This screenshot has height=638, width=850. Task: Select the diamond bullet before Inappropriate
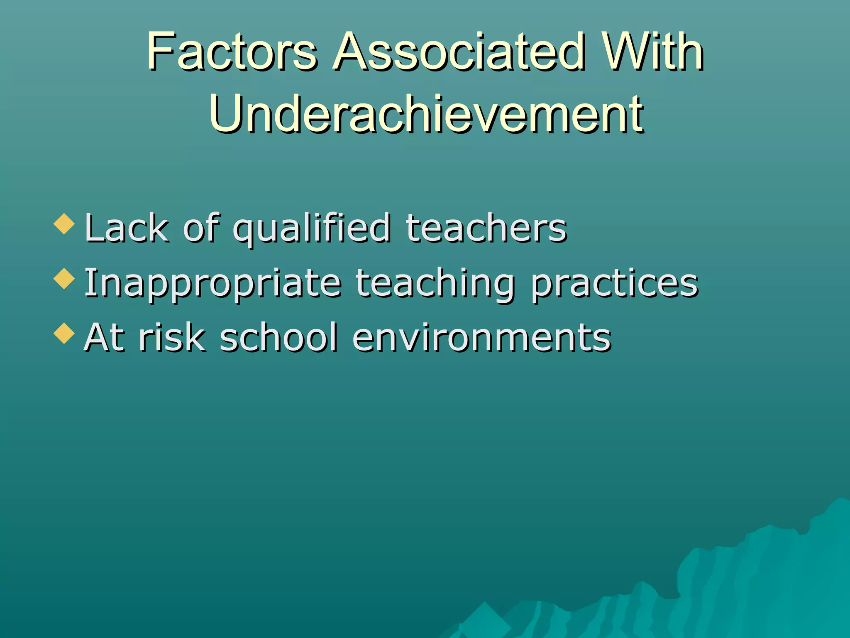pyautogui.click(x=64, y=278)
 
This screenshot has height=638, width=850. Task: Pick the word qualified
pyautogui.click(x=311, y=228)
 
